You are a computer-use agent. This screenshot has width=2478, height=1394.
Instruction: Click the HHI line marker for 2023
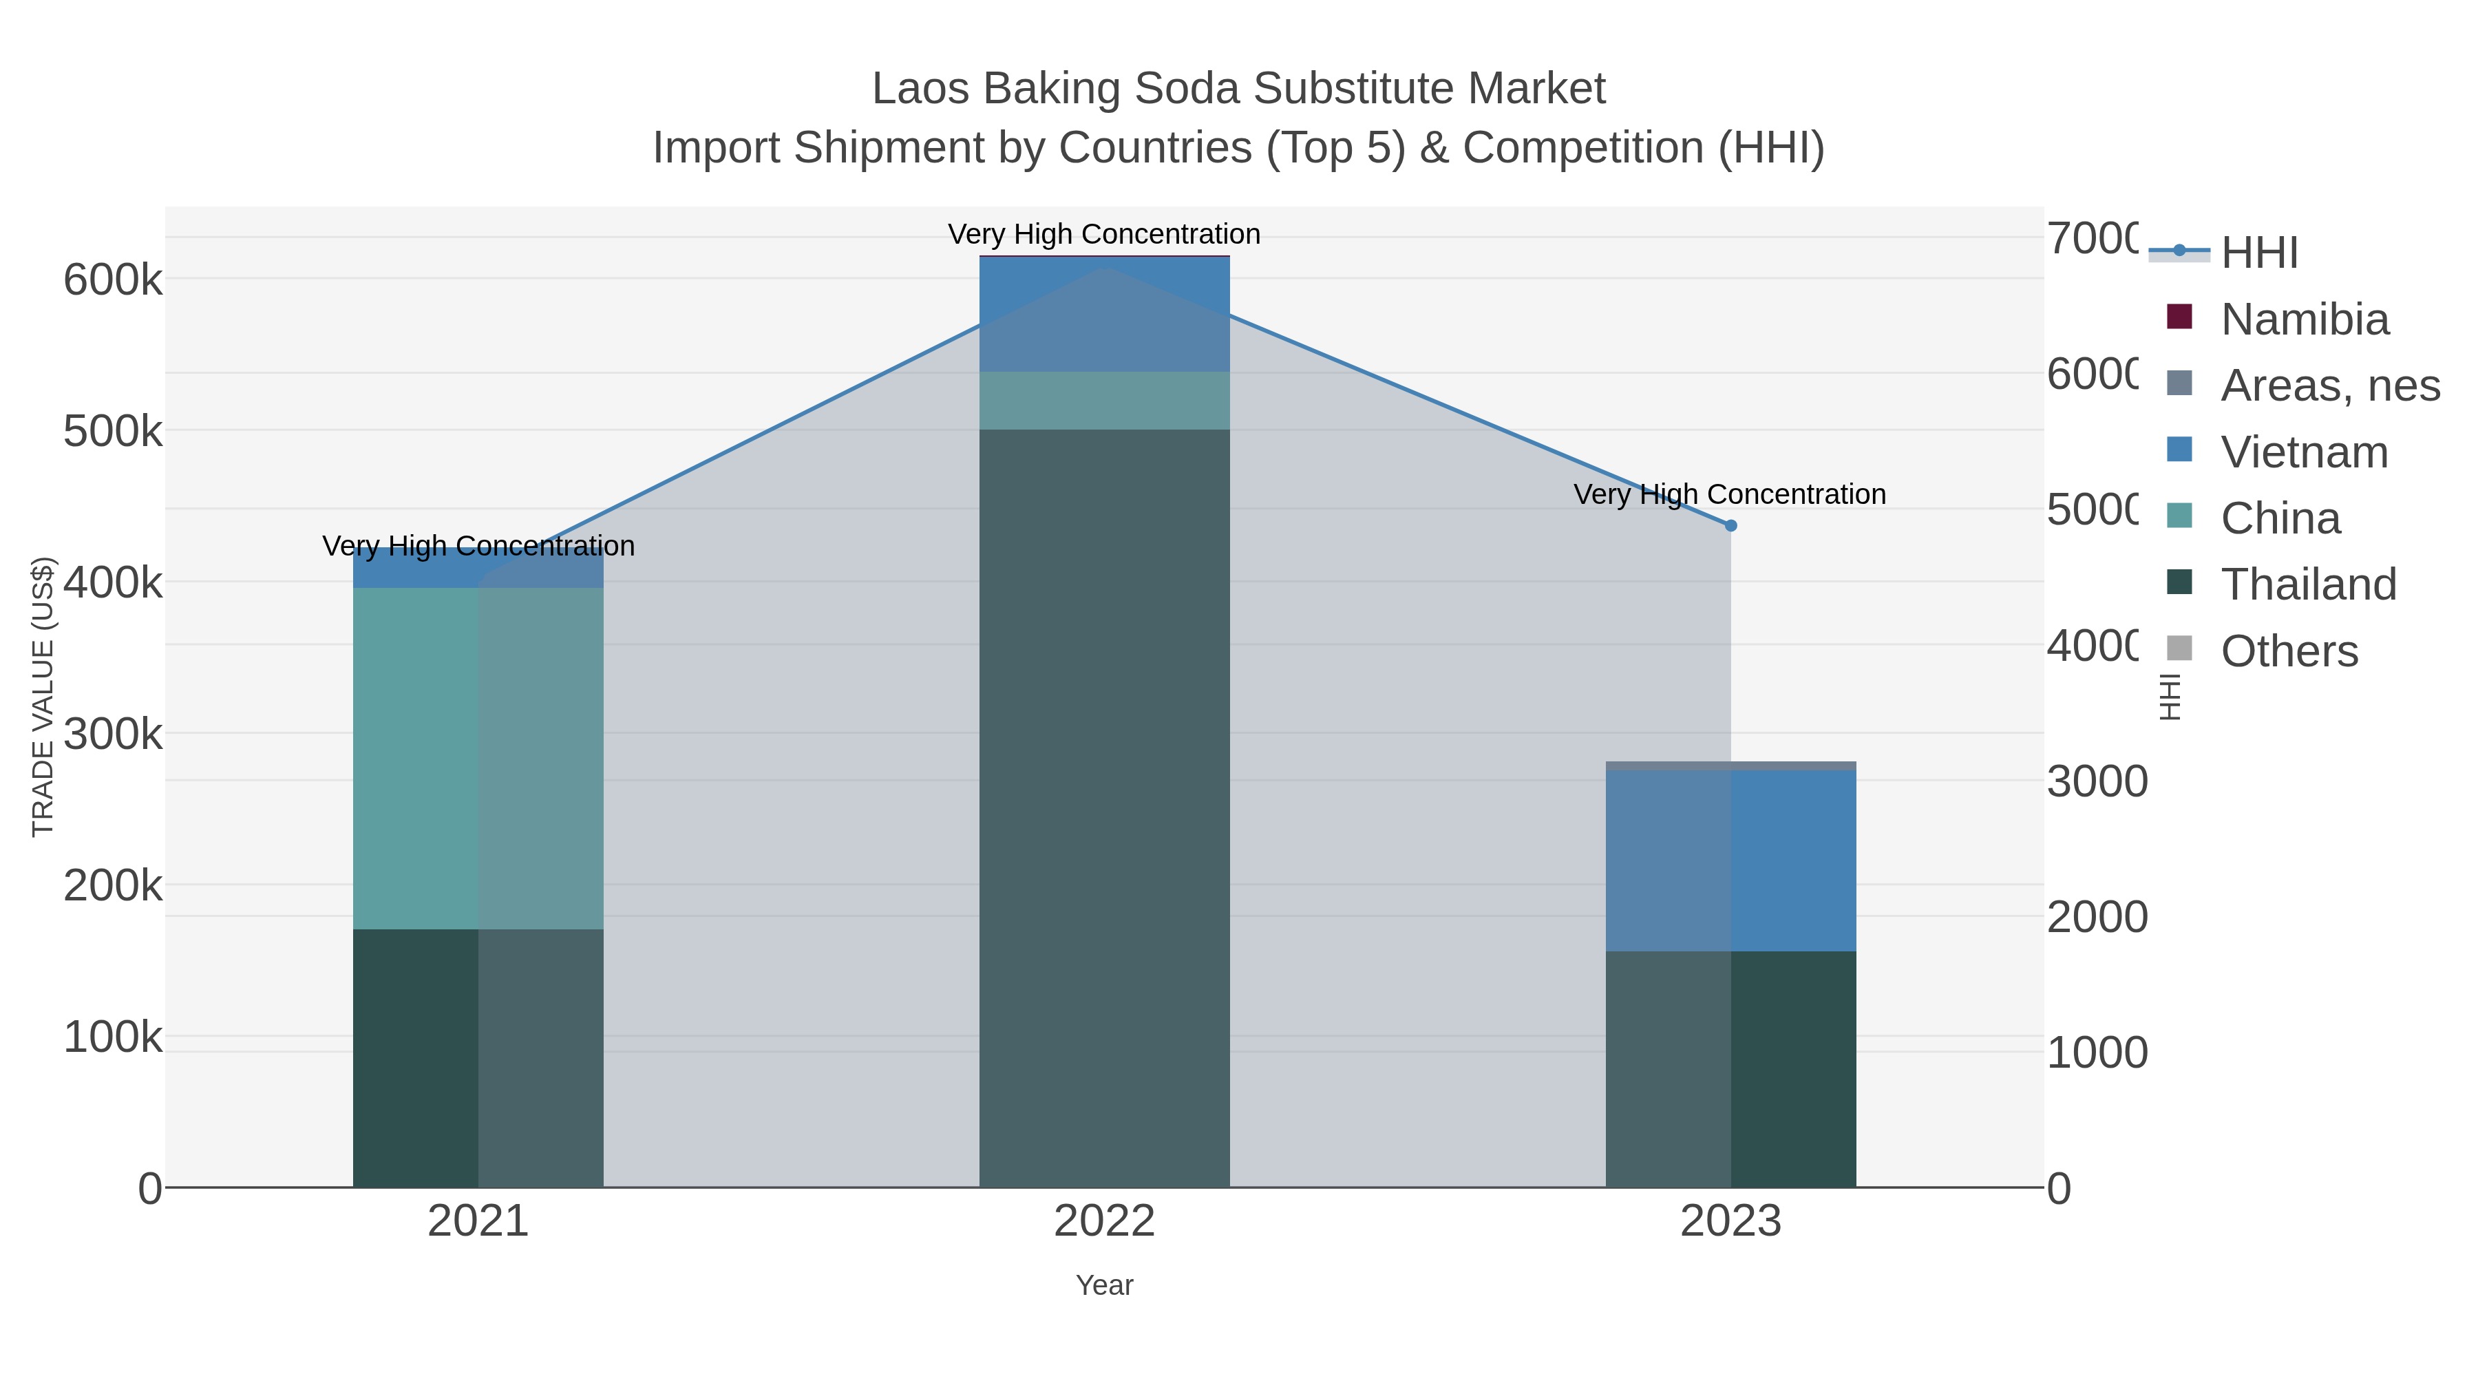pyautogui.click(x=1730, y=525)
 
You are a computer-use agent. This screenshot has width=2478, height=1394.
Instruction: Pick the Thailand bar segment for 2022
pyautogui.click(x=1104, y=808)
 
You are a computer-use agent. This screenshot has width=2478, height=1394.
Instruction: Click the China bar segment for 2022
pyautogui.click(x=1104, y=400)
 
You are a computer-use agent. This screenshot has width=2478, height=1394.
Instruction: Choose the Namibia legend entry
pyautogui.click(x=2304, y=319)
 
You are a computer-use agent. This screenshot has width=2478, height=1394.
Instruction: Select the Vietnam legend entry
pyautogui.click(x=2304, y=452)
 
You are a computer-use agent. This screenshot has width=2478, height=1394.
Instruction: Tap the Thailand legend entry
pyautogui.click(x=2308, y=584)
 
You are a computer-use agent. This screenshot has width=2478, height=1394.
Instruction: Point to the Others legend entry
pyautogui.click(x=2289, y=651)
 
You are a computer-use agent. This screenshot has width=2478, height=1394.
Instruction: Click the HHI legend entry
pyautogui.click(x=2258, y=253)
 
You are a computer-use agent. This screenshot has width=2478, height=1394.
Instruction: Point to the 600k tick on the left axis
pyautogui.click(x=113, y=281)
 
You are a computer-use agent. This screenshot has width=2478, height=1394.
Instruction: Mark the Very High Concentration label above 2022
pyautogui.click(x=1104, y=234)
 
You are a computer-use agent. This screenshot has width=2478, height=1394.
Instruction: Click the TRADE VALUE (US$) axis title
pyautogui.click(x=43, y=697)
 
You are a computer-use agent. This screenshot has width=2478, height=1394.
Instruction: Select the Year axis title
pyautogui.click(x=1104, y=1285)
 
